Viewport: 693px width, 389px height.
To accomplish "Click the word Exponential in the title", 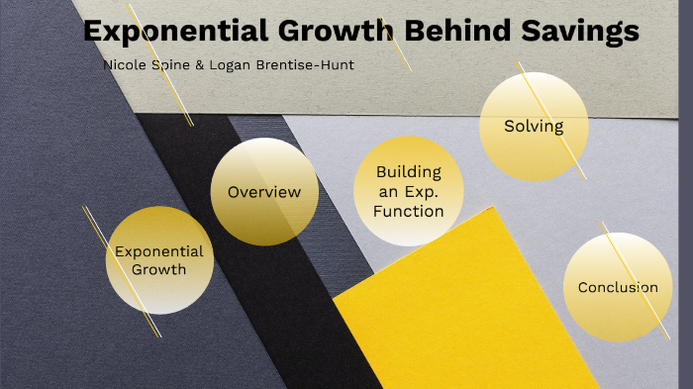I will tap(169, 32).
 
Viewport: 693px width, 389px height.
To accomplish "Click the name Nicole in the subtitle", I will tap(124, 65).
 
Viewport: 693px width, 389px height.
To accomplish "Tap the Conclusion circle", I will tap(618, 287).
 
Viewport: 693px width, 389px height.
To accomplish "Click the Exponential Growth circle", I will tap(159, 260).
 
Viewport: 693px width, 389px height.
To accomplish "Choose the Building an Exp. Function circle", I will tap(408, 191).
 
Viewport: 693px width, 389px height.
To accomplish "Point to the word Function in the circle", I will tap(409, 211).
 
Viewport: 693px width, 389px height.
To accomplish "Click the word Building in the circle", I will tap(409, 171).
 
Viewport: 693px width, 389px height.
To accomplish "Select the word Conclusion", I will tap(618, 288).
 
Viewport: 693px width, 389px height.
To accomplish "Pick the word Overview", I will tap(264, 192).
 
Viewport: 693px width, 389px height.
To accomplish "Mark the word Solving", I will tap(534, 126).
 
